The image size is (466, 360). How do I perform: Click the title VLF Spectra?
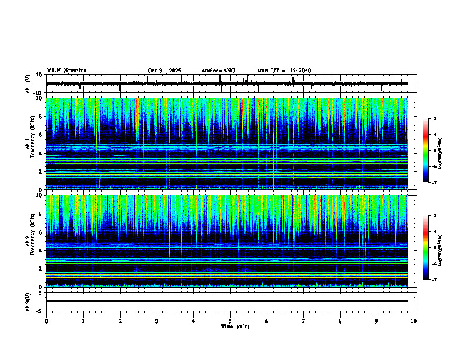[66, 71]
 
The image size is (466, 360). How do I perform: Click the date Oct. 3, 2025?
[164, 71]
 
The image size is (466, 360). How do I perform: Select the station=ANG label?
[218, 71]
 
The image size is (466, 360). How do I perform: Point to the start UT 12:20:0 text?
[284, 71]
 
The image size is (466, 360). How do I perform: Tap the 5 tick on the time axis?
[231, 321]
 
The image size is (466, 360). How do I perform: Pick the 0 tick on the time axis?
[46, 321]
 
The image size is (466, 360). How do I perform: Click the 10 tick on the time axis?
[414, 321]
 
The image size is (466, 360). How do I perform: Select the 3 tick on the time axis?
[157, 321]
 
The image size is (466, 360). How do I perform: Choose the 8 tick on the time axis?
[340, 321]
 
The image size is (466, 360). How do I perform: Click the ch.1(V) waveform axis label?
[28, 84]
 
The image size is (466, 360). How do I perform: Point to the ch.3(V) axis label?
[28, 301]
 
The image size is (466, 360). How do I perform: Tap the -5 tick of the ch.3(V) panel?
[39, 310]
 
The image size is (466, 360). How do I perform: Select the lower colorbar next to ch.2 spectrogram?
[430, 248]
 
